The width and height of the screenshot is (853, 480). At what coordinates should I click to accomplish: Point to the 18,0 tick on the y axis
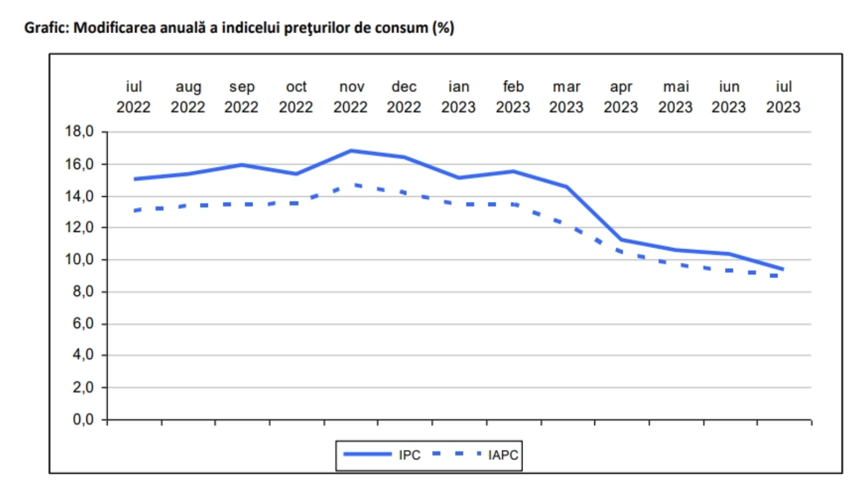[79, 131]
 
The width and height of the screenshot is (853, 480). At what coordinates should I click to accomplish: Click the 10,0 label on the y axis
[79, 260]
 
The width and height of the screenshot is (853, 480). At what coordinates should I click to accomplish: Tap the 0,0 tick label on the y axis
[83, 420]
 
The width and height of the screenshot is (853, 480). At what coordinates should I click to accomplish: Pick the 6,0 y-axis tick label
[83, 324]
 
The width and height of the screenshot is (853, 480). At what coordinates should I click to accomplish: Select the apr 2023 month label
[621, 97]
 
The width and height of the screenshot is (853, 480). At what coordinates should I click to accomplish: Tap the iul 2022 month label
[133, 97]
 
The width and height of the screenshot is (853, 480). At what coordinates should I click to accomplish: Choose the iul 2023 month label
[783, 97]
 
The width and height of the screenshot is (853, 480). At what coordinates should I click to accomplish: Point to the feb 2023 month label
[513, 97]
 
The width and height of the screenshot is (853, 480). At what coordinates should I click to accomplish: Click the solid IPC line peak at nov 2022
[351, 150]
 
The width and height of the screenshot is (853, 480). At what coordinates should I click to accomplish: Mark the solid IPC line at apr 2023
[621, 239]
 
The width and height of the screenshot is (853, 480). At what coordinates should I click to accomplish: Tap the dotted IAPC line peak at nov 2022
[354, 185]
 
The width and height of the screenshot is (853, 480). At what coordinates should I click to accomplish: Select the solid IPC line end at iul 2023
[783, 269]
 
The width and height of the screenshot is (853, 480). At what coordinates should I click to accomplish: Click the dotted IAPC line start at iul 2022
[136, 211]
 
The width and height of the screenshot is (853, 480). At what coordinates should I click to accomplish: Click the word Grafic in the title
[45, 28]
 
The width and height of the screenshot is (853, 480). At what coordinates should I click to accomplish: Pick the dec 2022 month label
[404, 97]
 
